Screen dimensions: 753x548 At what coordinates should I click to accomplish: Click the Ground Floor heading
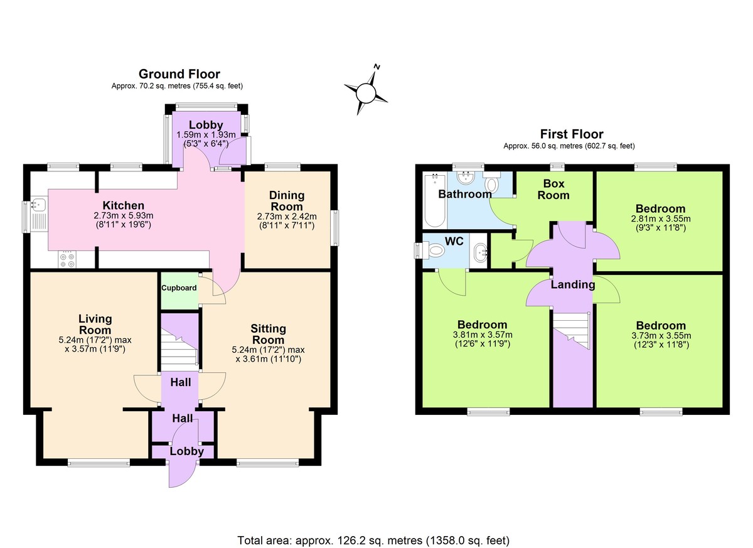[179, 74]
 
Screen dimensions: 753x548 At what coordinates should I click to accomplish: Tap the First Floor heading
[571, 134]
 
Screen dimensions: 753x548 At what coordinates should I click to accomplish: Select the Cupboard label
[179, 288]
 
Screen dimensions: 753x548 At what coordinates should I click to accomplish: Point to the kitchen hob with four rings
[67, 259]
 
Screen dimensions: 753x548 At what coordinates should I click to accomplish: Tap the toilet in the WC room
[433, 250]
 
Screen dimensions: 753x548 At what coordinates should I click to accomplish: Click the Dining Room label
[286, 201]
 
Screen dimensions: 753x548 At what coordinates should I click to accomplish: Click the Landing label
[572, 284]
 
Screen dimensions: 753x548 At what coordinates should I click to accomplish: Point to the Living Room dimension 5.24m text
[94, 340]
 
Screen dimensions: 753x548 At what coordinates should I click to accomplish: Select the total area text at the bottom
[373, 540]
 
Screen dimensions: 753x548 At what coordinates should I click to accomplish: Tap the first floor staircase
[572, 333]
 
